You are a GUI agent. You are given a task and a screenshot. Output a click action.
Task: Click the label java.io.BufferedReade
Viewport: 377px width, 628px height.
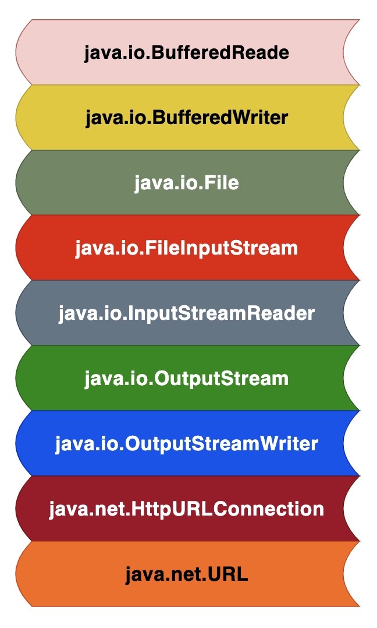[186, 53]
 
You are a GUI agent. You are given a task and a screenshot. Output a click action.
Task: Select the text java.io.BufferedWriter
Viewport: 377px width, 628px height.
[186, 118]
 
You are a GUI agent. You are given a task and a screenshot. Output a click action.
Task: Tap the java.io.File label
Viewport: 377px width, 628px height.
[186, 184]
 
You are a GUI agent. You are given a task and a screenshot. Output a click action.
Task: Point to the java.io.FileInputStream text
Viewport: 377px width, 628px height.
[186, 249]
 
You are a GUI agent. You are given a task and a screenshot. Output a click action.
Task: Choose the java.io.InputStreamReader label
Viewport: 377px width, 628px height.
[186, 314]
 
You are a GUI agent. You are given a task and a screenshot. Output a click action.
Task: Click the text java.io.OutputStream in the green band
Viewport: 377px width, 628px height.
[186, 379]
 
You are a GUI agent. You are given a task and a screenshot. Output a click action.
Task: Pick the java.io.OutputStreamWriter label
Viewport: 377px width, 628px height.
[186, 444]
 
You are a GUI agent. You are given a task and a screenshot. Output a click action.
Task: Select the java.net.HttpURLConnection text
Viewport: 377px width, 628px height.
[186, 510]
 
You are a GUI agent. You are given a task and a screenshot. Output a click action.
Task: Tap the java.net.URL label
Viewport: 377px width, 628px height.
[186, 575]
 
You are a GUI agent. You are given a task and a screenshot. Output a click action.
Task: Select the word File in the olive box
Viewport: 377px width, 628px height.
[220, 184]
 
